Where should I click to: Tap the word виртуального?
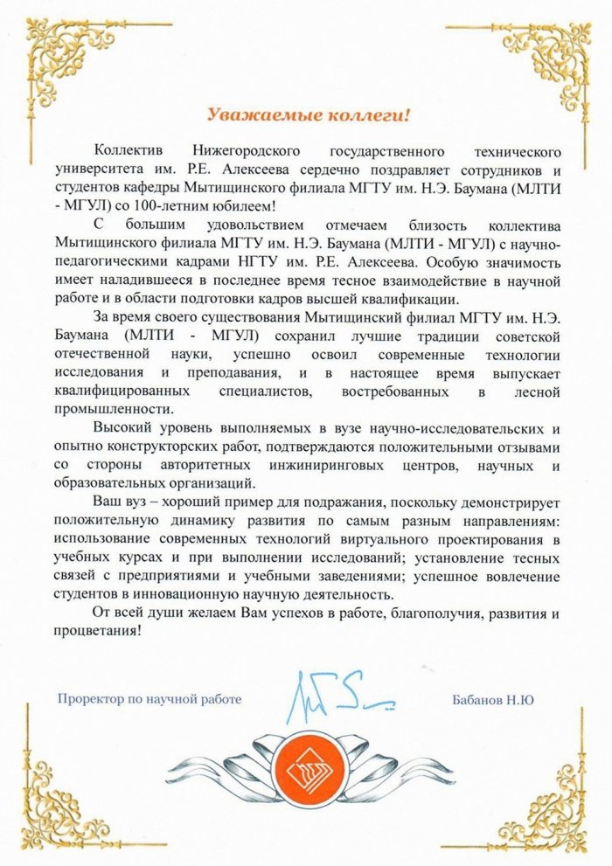(x=395, y=543)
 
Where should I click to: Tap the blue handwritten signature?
(x=337, y=690)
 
